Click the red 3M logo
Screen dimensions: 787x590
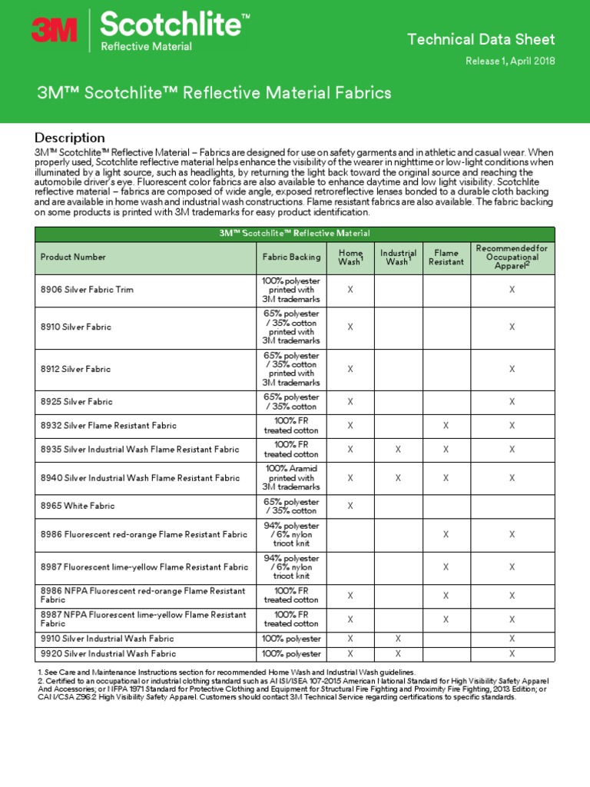[54, 30]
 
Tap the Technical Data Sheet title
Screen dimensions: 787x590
[480, 39]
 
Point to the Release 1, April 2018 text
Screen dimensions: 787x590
[510, 61]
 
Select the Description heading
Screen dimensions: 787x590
[70, 138]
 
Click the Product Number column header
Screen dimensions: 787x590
[73, 257]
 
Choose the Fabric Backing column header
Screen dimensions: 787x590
[291, 257]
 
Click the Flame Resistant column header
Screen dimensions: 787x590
[446, 257]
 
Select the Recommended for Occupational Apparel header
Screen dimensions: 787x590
[512, 257]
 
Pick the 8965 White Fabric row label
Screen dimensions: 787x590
[77, 506]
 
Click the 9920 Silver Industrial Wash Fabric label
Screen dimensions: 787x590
[108, 654]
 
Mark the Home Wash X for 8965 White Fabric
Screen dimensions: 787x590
[350, 506]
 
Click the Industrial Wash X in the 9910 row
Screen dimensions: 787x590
[398, 639]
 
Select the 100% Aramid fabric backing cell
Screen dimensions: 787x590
[291, 477]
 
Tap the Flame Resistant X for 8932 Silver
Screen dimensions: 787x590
[446, 426]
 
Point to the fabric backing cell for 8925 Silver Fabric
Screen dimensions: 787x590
[291, 402]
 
